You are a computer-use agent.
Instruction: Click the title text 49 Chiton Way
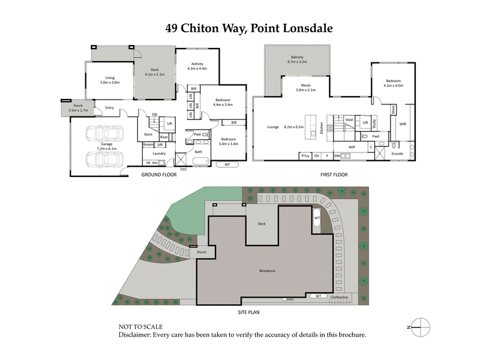(x=204, y=28)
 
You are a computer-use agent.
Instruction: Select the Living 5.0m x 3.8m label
(x=110, y=80)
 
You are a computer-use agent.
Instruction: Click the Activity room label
(x=197, y=66)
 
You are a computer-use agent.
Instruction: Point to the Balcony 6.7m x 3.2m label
(x=297, y=59)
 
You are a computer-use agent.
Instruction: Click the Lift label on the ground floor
(x=170, y=124)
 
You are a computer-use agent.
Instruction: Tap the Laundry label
(x=158, y=153)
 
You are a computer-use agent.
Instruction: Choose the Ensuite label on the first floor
(x=397, y=153)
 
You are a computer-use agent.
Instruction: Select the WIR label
(x=403, y=124)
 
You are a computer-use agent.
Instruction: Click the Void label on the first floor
(x=349, y=120)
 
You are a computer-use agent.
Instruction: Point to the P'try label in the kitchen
(x=306, y=156)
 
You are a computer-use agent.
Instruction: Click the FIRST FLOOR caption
(x=331, y=175)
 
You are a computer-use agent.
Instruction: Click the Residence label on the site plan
(x=267, y=271)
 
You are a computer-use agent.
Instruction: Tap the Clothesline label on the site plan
(x=343, y=296)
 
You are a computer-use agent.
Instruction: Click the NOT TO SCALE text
(x=143, y=328)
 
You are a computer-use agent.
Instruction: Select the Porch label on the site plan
(x=202, y=252)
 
